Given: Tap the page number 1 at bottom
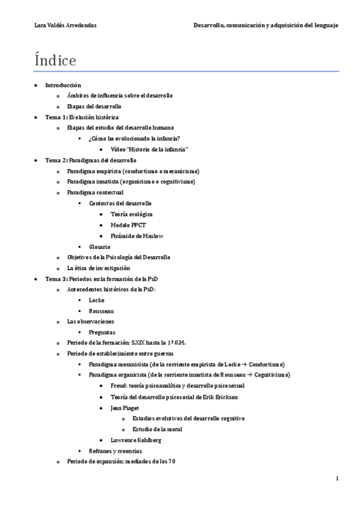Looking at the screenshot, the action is click(337, 478).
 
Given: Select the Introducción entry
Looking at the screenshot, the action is click(63, 85).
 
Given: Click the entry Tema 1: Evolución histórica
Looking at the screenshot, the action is click(73, 117).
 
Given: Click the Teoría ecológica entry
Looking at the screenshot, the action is click(132, 214).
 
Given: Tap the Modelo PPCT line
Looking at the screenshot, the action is click(127, 225).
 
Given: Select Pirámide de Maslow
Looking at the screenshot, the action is click(137, 236).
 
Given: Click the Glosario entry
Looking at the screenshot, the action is click(99, 247).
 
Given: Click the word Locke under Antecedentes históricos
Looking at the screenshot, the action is click(96, 300).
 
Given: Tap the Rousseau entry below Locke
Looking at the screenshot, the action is click(101, 311).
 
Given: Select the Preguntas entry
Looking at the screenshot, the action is click(102, 332).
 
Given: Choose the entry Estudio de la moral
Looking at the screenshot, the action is click(157, 429).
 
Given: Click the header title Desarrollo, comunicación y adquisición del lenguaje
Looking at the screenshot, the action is click(265, 25).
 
